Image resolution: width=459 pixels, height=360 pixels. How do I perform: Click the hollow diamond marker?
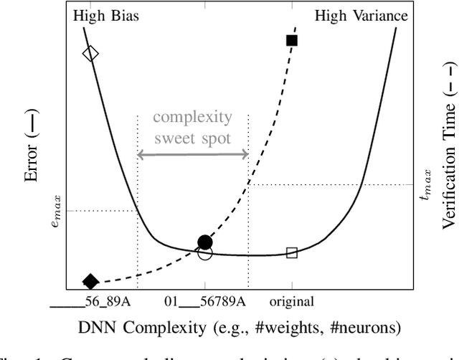tap(90, 54)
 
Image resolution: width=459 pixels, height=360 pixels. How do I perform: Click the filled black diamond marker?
tap(90, 281)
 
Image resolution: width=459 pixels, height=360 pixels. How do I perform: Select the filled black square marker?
tap(292, 40)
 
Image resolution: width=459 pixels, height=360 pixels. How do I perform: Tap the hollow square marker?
tap(292, 252)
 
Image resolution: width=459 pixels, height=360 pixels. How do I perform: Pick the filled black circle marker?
tap(205, 242)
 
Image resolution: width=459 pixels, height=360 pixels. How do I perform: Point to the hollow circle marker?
tap(205, 253)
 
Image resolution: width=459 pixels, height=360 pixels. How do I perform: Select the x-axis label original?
tap(292, 302)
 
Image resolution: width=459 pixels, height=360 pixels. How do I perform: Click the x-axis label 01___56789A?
tap(205, 302)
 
